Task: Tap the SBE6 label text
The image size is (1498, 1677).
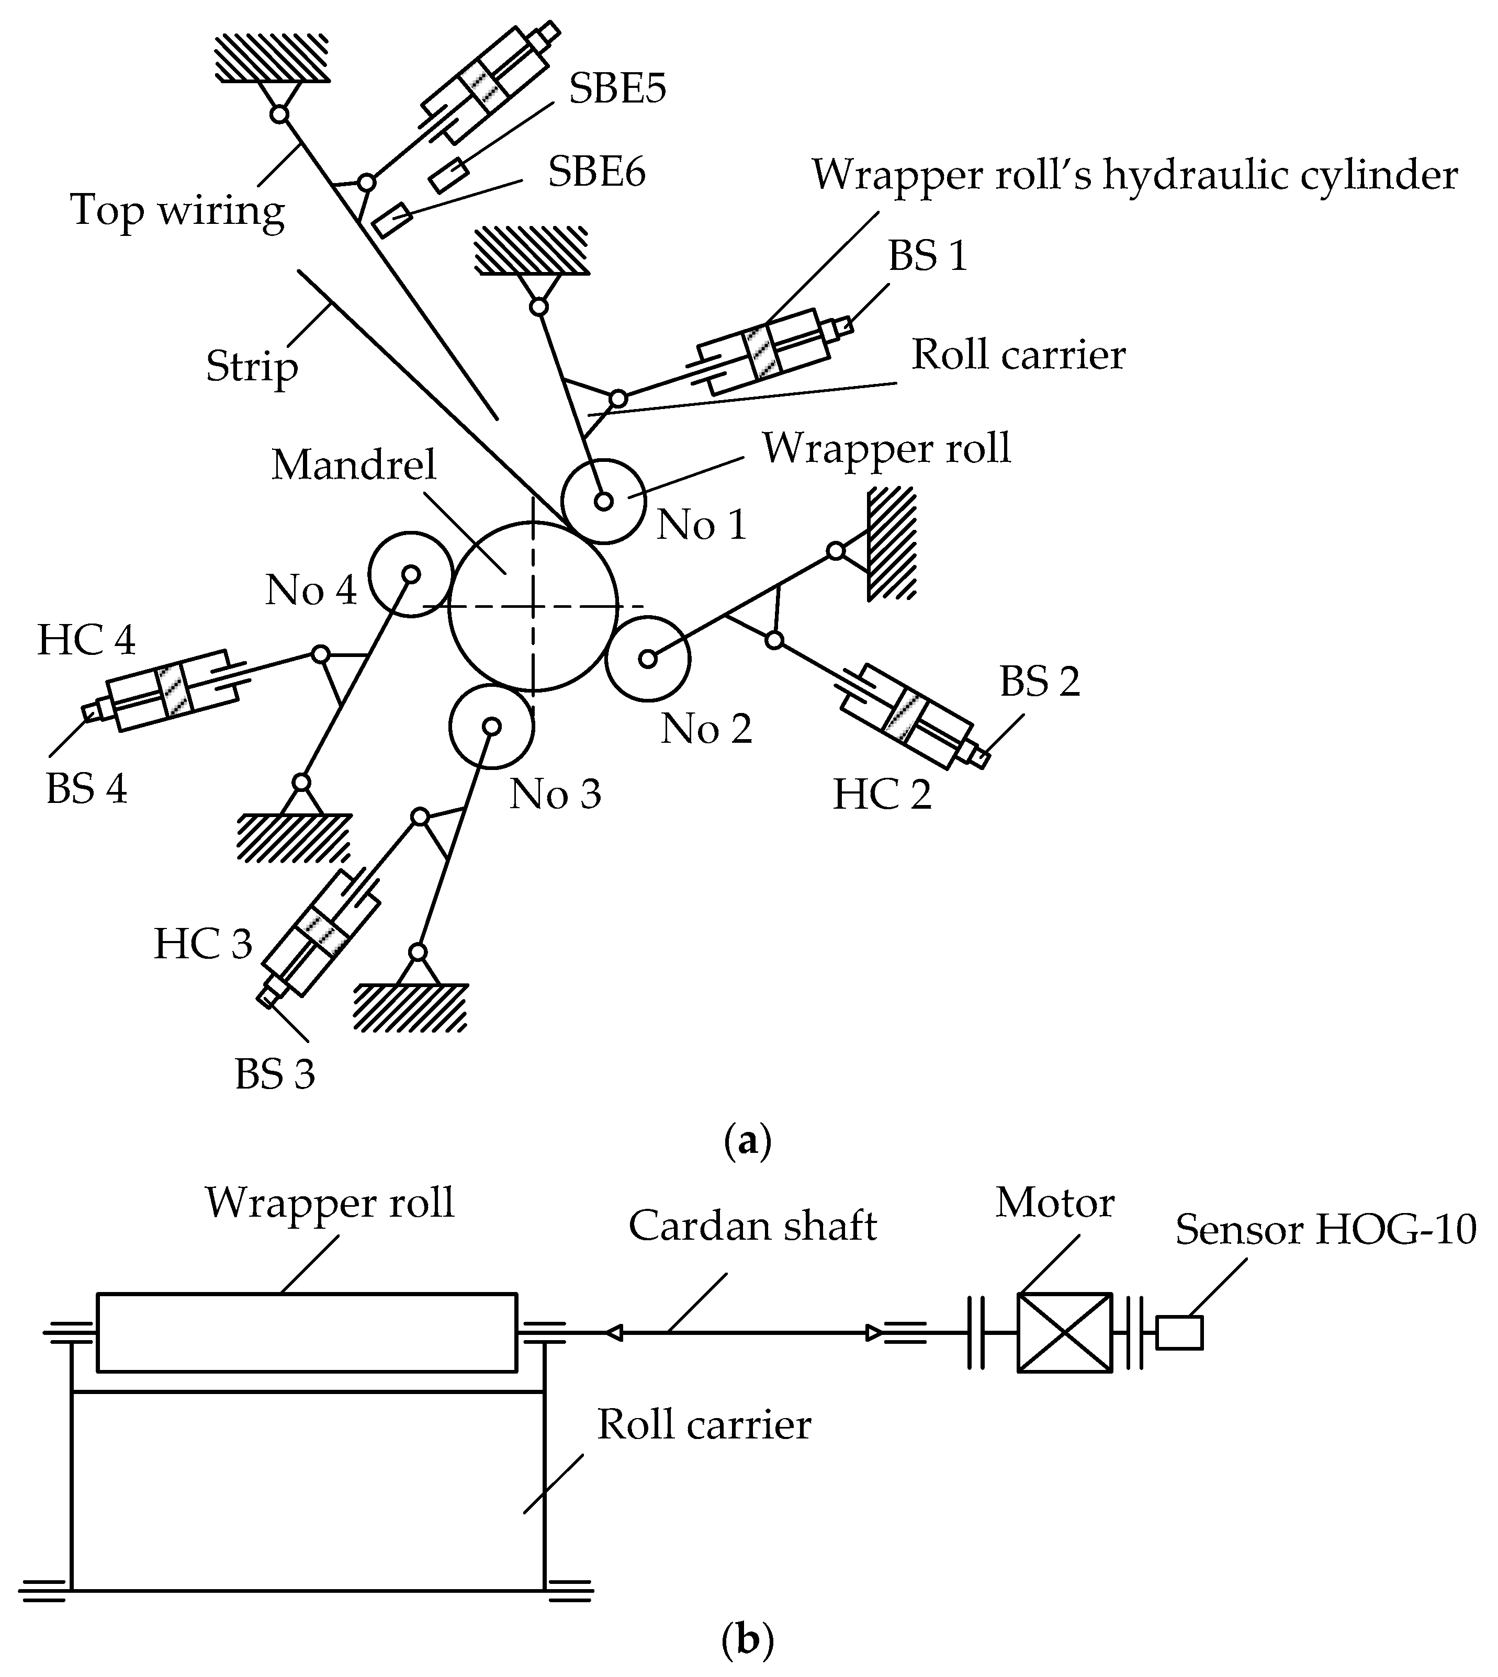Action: [x=596, y=172]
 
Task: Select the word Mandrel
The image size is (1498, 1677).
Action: [x=353, y=465]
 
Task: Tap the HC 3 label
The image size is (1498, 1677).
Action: [x=202, y=944]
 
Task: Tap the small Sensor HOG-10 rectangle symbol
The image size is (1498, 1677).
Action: [x=1179, y=1333]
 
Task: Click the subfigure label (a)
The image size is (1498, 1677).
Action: [x=747, y=1142]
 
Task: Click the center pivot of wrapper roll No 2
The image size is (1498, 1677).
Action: [x=648, y=658]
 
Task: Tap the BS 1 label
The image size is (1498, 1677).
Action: [x=927, y=256]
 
